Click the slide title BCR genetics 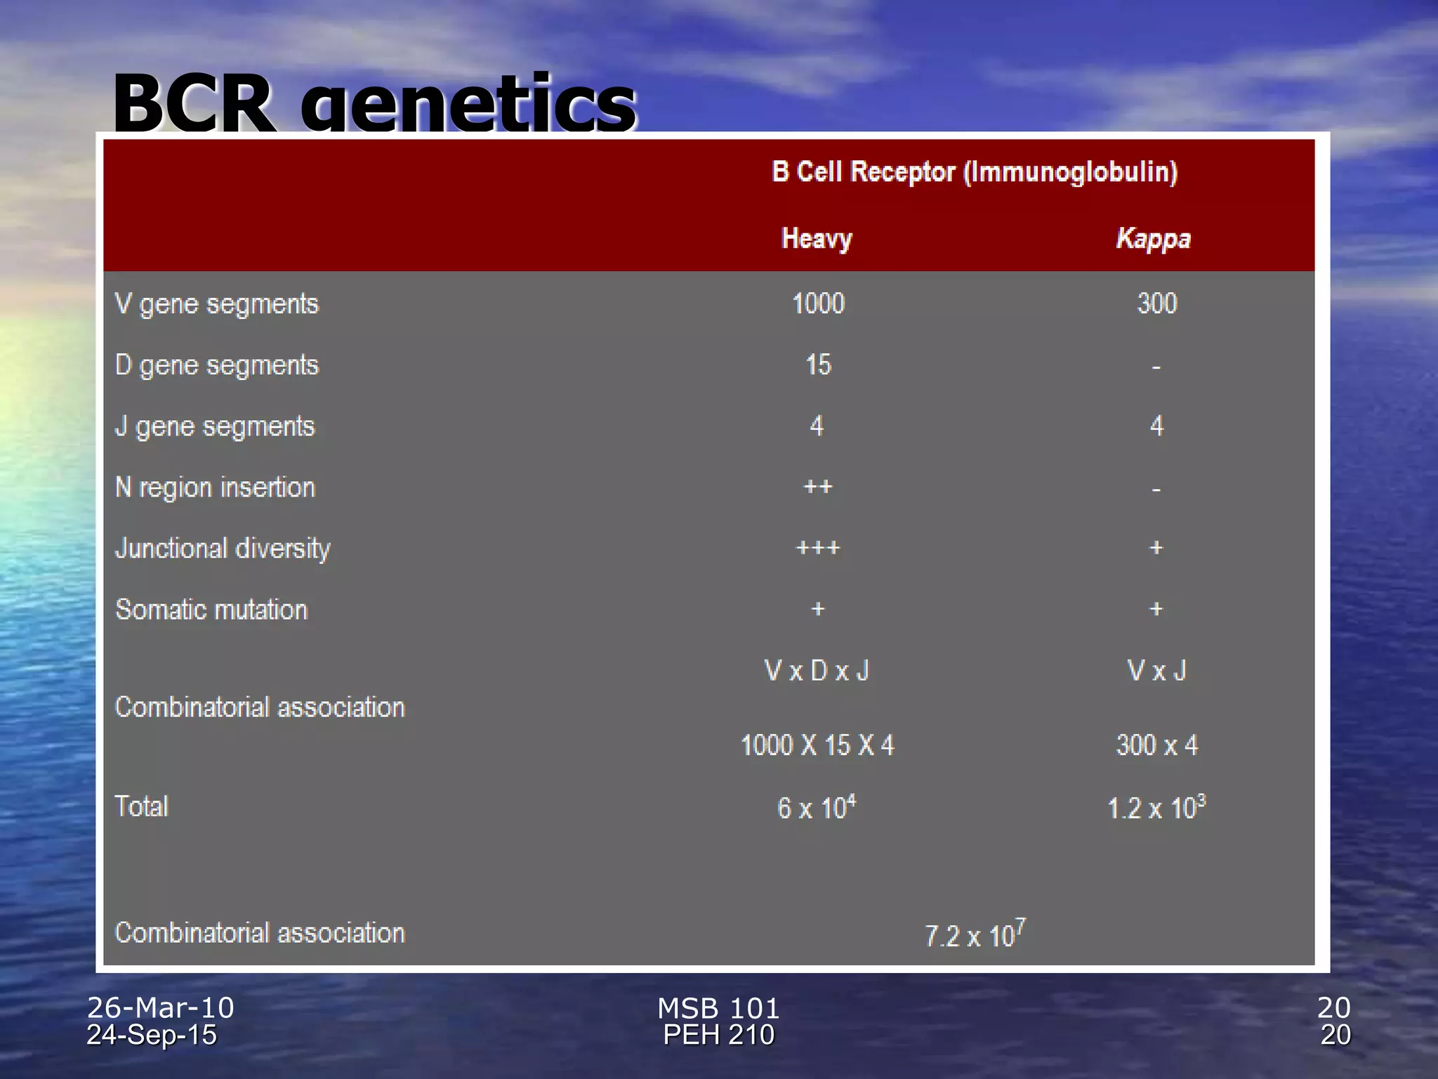[x=374, y=104]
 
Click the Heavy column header [x=817, y=239]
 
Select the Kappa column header [x=1154, y=239]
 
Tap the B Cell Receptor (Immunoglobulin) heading [x=975, y=172]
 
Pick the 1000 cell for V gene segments [x=818, y=303]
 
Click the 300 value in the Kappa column [x=1157, y=303]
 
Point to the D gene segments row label [x=217, y=365]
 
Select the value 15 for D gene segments [x=818, y=365]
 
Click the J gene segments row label [x=215, y=426]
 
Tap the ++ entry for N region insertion [x=818, y=487]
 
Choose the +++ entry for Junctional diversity [x=818, y=548]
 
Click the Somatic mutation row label [x=211, y=610]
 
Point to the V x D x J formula [x=817, y=671]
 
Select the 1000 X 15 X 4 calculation [x=817, y=745]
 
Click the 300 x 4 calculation [x=1157, y=745]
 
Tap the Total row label [x=142, y=806]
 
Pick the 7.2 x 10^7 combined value [x=975, y=934]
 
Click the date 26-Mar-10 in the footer [x=160, y=1007]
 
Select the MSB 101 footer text [x=718, y=1008]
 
